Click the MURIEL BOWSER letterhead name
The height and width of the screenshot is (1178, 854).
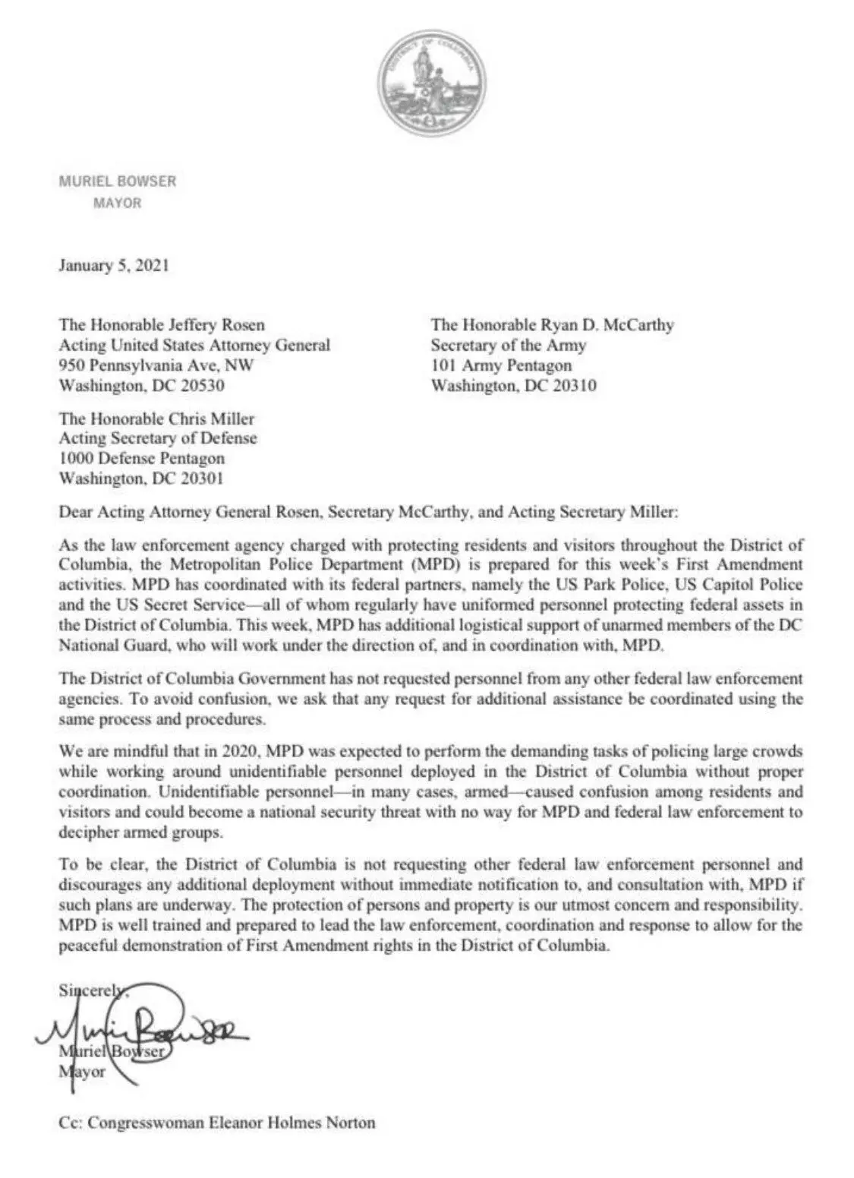tap(117, 182)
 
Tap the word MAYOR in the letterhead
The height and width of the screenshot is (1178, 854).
tap(117, 203)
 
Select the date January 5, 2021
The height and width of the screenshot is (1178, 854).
tap(114, 266)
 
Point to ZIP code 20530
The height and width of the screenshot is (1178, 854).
tap(201, 385)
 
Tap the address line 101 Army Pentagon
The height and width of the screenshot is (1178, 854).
tap(501, 365)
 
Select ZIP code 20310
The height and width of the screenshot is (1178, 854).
tap(573, 385)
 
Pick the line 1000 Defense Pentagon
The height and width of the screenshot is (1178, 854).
tap(142, 458)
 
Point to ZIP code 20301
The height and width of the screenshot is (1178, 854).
tap(201, 478)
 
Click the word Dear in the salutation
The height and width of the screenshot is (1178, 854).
tap(75, 512)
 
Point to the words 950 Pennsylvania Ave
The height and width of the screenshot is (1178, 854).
tap(141, 365)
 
